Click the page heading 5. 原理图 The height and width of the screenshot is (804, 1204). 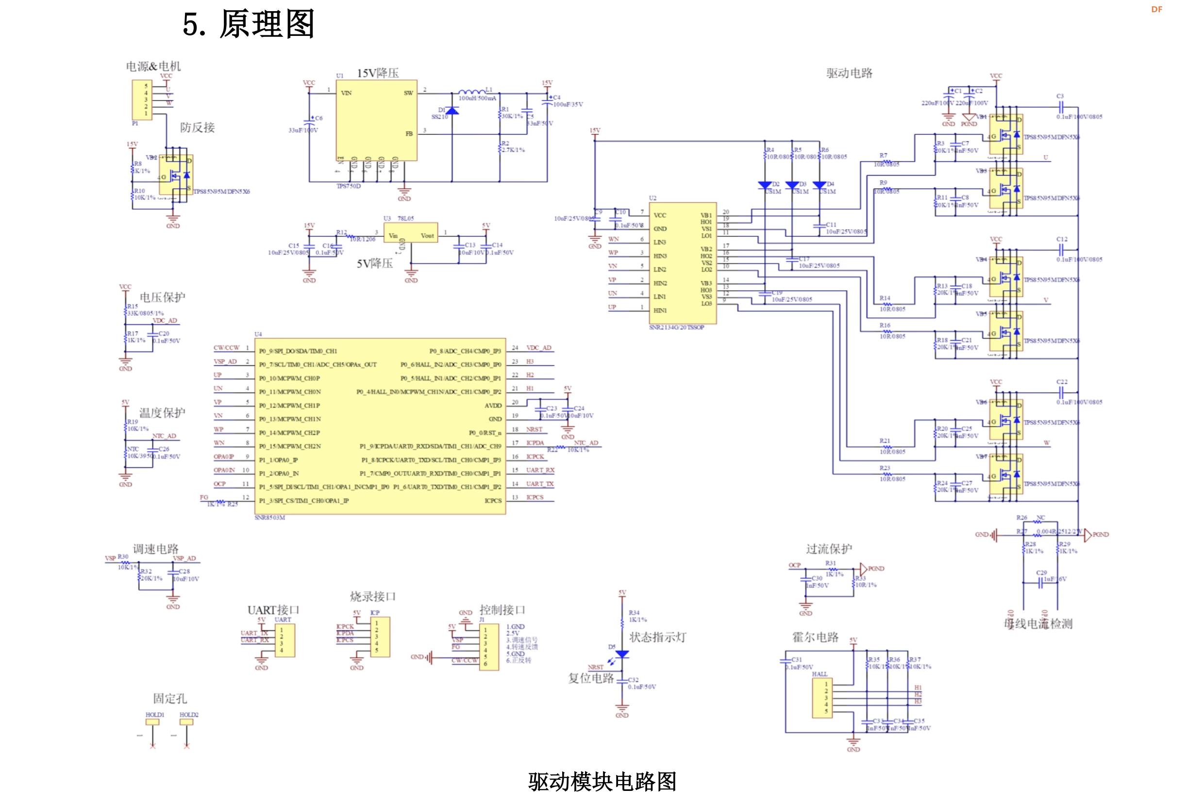(248, 24)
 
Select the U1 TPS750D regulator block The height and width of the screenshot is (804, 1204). (376, 120)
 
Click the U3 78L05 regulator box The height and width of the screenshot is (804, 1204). (410, 232)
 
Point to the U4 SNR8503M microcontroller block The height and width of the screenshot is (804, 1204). (380, 426)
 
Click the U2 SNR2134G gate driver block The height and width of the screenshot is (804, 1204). (682, 263)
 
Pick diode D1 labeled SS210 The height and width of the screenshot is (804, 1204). (451, 111)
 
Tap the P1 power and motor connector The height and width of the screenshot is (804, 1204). (142, 99)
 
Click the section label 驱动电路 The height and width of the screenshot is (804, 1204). (849, 73)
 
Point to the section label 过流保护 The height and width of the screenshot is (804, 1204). (829, 549)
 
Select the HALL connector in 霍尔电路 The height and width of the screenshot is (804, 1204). (822, 698)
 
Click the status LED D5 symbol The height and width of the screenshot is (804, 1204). (622, 654)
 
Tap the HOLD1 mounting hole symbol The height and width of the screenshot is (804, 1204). (152, 722)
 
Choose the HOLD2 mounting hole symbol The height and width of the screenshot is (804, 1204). (186, 722)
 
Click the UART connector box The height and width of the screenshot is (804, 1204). (284, 640)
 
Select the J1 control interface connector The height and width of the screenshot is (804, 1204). (488, 647)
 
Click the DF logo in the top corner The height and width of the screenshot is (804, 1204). (1156, 9)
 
